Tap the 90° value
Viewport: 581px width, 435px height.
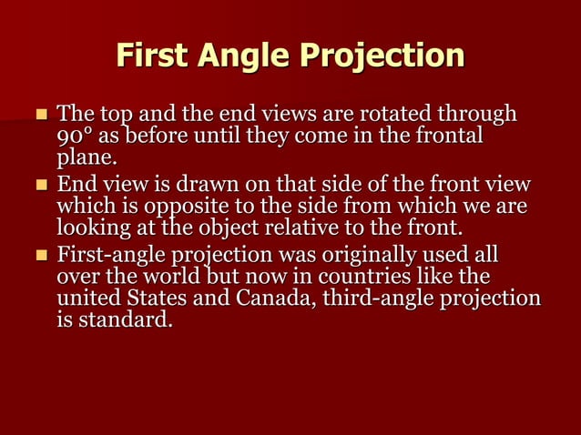pos(74,138)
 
